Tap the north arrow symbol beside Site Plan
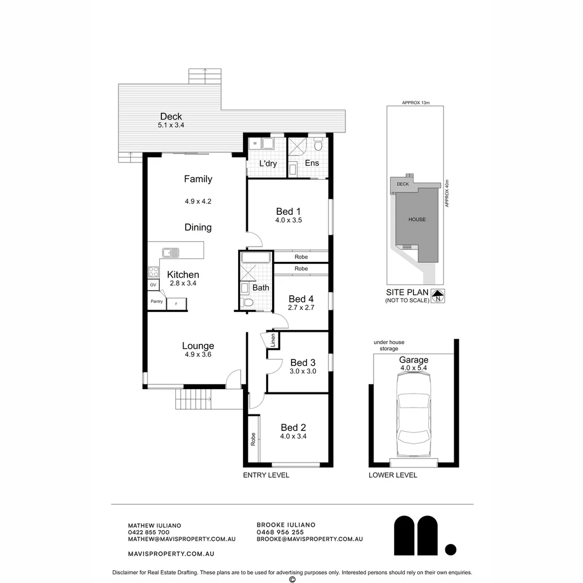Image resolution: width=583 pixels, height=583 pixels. [x=438, y=295]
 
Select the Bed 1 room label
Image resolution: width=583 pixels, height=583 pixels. [x=288, y=211]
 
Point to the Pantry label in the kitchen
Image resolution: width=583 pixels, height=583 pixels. [x=157, y=302]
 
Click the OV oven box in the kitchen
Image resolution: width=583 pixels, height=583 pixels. [x=153, y=285]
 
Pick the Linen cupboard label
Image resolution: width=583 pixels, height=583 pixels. [x=273, y=340]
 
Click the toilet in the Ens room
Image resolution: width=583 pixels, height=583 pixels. [x=318, y=145]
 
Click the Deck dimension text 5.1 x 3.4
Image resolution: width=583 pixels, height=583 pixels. [x=171, y=125]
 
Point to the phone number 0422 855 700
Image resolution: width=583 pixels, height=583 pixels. [x=148, y=532]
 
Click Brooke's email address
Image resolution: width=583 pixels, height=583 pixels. [x=309, y=539]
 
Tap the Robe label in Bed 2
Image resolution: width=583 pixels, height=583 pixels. [x=253, y=439]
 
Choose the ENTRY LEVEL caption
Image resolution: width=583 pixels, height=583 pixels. [x=266, y=475]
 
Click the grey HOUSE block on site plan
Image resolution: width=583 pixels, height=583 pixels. [x=417, y=219]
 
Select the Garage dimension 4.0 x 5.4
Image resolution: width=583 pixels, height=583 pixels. [x=413, y=368]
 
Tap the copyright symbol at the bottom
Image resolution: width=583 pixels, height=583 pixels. [x=292, y=579]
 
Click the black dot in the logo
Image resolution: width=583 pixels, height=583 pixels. [x=450, y=550]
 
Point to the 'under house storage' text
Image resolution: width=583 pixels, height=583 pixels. [x=389, y=345]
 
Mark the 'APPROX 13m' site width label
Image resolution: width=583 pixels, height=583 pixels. [x=415, y=103]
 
